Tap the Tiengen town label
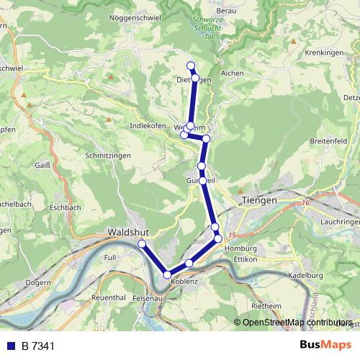[x=259, y=201]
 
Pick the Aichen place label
[x=233, y=73]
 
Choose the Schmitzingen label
[x=107, y=156]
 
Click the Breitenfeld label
[x=328, y=141]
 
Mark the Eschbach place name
[x=66, y=207]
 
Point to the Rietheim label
[x=266, y=306]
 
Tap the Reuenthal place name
[x=109, y=297]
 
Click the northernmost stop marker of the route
[x=191, y=66]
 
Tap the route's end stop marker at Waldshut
[x=142, y=245]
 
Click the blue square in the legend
[x=10, y=346]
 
